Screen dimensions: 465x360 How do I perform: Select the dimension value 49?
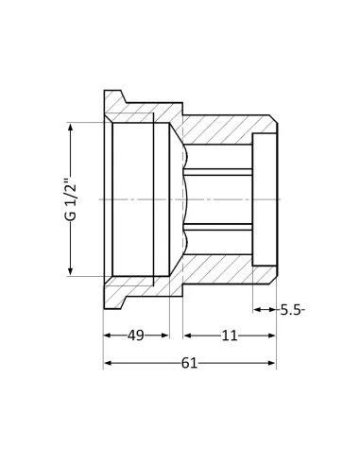pos(135,336)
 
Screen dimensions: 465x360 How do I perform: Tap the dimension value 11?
pos(230,336)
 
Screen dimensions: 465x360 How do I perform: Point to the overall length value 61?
pos(189,363)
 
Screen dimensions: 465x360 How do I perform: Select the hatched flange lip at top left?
pos(113,101)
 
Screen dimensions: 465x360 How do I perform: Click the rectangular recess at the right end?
pos(265,199)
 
